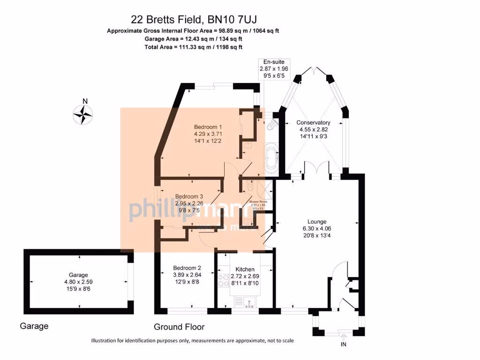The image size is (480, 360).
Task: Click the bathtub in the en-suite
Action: (271, 159)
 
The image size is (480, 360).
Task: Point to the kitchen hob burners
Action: (223, 280)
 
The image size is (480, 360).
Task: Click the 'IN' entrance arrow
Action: (343, 340)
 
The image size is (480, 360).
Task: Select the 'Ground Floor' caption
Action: (179, 327)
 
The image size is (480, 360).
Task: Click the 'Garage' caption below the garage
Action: (34, 326)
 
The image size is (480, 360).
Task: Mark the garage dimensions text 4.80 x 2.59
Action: (78, 282)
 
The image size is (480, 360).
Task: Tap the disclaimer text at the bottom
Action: (192, 340)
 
